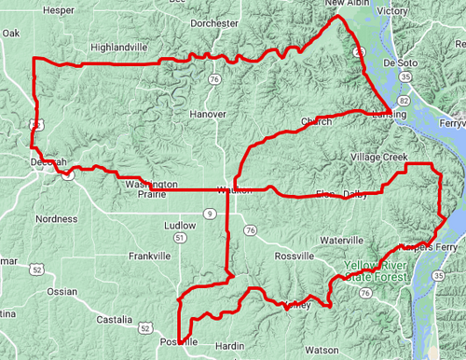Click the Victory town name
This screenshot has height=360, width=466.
pos(393,11)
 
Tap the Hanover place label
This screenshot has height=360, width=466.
pos(209,114)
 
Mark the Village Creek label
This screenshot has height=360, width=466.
pos(379,158)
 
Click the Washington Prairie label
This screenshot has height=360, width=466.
pos(151,189)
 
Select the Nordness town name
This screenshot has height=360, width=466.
pos(56,219)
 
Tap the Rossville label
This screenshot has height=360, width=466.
pos(296,256)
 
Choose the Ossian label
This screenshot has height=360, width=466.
pos(62,292)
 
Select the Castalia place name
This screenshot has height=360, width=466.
pos(115,320)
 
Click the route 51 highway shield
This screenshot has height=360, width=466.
pos(177,240)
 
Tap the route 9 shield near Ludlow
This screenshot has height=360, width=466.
pos(211,215)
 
